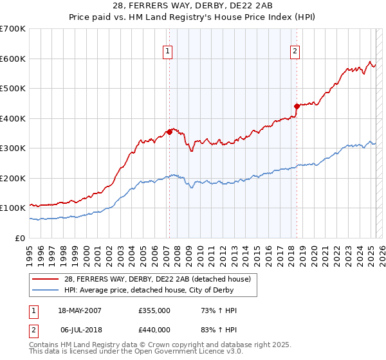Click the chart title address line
(193, 6)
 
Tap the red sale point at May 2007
(169, 132)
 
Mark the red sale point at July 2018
(297, 106)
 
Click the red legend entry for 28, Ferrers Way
(161, 278)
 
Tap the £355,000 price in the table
(154, 311)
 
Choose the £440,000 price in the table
(154, 329)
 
